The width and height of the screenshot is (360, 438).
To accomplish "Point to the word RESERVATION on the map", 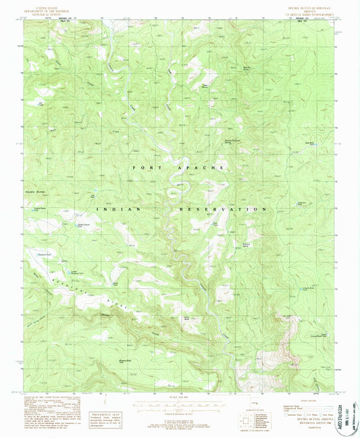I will click(x=222, y=210).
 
